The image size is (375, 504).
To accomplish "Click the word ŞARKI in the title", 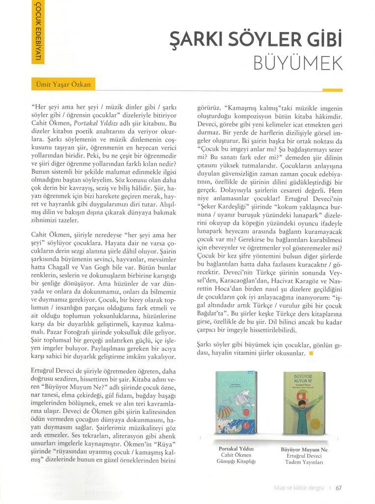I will [194, 38].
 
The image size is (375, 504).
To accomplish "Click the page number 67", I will [339, 488].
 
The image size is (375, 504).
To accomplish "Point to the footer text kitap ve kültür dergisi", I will [298, 488].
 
